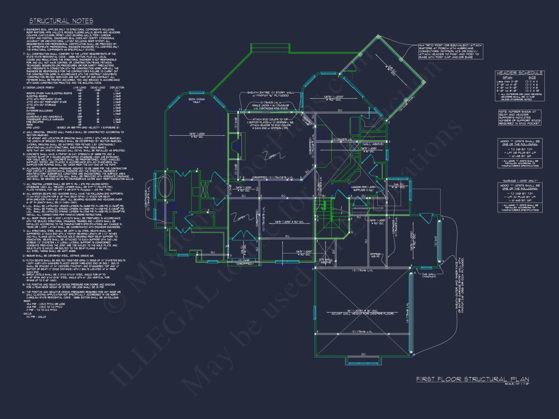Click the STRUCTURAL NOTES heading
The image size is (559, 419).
pyautogui.click(x=61, y=21)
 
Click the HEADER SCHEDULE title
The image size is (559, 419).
pyautogui.click(x=520, y=73)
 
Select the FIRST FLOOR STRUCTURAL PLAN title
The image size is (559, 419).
pyautogui.click(x=473, y=379)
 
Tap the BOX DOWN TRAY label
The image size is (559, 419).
pyautogui.click(x=196, y=101)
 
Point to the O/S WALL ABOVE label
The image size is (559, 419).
pyautogui.click(x=326, y=261)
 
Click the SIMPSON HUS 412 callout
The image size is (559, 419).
pyautogui.click(x=375, y=255)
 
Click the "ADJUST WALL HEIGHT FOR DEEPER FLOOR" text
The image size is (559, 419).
pyautogui.click(x=363, y=314)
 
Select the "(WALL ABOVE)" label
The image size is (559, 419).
pyautogui.click(x=373, y=144)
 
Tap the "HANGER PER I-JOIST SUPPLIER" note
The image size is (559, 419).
pyautogui.click(x=363, y=189)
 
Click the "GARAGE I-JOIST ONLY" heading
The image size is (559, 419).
pyautogui.click(x=520, y=181)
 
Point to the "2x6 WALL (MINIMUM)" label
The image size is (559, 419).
pyautogui.click(x=429, y=275)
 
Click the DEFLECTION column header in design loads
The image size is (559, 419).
pyautogui.click(x=117, y=87)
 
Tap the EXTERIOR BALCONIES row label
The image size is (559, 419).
pyautogui.click(x=40, y=111)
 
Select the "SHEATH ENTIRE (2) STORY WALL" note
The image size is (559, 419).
pyautogui.click(x=271, y=92)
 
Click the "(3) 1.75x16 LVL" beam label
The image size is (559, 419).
pyautogui.click(x=363, y=270)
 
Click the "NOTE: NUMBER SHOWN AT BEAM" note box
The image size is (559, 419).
pyautogui.click(x=519, y=117)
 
